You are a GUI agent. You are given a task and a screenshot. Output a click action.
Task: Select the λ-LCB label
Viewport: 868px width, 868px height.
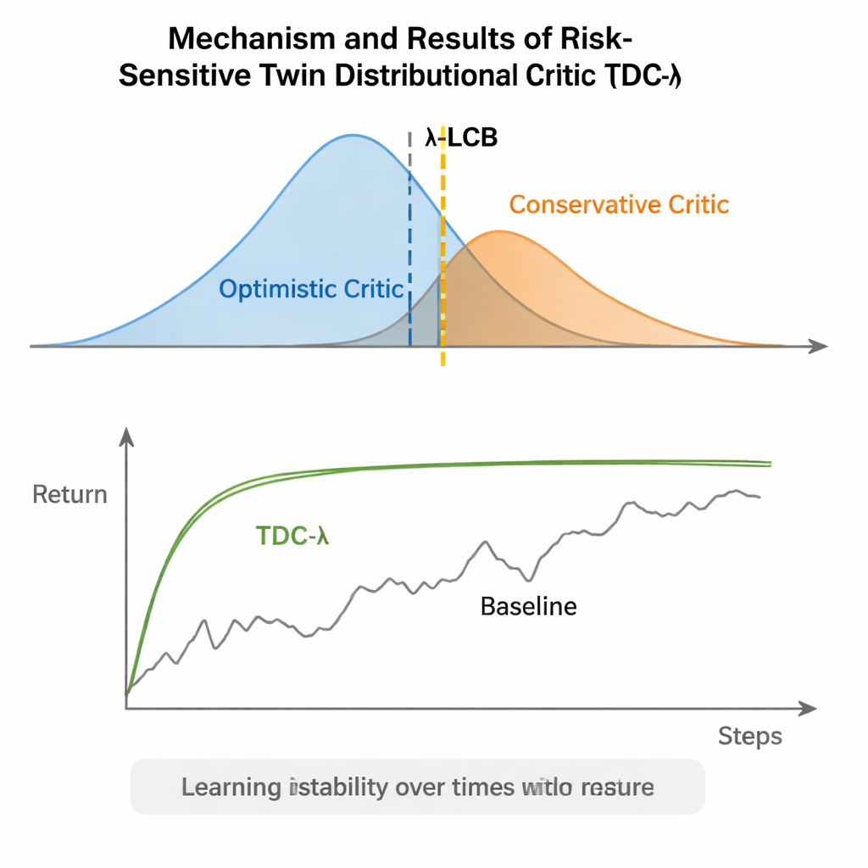click(460, 138)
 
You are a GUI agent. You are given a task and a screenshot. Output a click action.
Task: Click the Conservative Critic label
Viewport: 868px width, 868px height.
click(619, 204)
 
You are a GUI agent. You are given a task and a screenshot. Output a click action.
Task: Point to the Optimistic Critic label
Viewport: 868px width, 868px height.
click(311, 289)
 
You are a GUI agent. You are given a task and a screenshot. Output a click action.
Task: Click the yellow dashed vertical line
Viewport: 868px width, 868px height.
click(442, 254)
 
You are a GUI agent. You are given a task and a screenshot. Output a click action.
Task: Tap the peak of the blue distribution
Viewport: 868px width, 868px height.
click(352, 136)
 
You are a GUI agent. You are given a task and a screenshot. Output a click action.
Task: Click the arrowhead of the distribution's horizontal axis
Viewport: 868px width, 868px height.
click(818, 346)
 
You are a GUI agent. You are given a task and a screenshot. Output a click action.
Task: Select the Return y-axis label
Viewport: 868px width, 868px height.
click(70, 494)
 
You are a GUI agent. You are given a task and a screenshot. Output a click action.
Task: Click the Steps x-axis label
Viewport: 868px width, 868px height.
click(749, 736)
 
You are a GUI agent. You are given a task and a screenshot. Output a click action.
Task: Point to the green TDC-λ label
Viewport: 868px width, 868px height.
click(292, 536)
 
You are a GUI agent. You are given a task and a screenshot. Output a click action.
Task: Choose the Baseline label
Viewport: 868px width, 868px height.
click(528, 606)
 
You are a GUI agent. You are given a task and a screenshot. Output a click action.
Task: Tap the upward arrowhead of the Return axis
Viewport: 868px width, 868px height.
click(127, 436)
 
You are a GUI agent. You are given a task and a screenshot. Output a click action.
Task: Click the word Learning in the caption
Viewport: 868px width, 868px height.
click(231, 787)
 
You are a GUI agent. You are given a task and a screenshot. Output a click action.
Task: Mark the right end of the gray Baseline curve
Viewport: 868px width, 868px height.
click(759, 497)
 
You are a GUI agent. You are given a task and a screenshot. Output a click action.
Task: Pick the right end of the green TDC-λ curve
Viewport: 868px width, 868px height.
click(771, 463)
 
